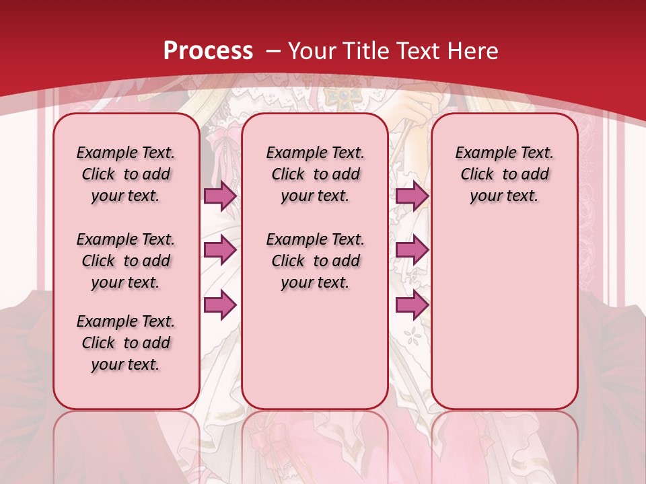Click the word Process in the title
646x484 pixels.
[209, 51]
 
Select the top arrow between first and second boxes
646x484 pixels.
[220, 196]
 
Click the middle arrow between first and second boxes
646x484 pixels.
[220, 250]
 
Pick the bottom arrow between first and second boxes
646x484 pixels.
[220, 305]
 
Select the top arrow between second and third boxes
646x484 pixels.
[412, 196]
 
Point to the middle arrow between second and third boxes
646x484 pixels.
[412, 250]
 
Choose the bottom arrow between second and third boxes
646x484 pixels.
[412, 305]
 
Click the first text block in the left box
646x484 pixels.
[126, 174]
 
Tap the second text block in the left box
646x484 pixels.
[126, 261]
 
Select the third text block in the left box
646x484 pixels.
[126, 343]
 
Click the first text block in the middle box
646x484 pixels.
[316, 174]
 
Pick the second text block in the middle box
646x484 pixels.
[316, 261]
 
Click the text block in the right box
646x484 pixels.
[505, 174]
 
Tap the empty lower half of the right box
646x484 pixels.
[505, 323]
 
